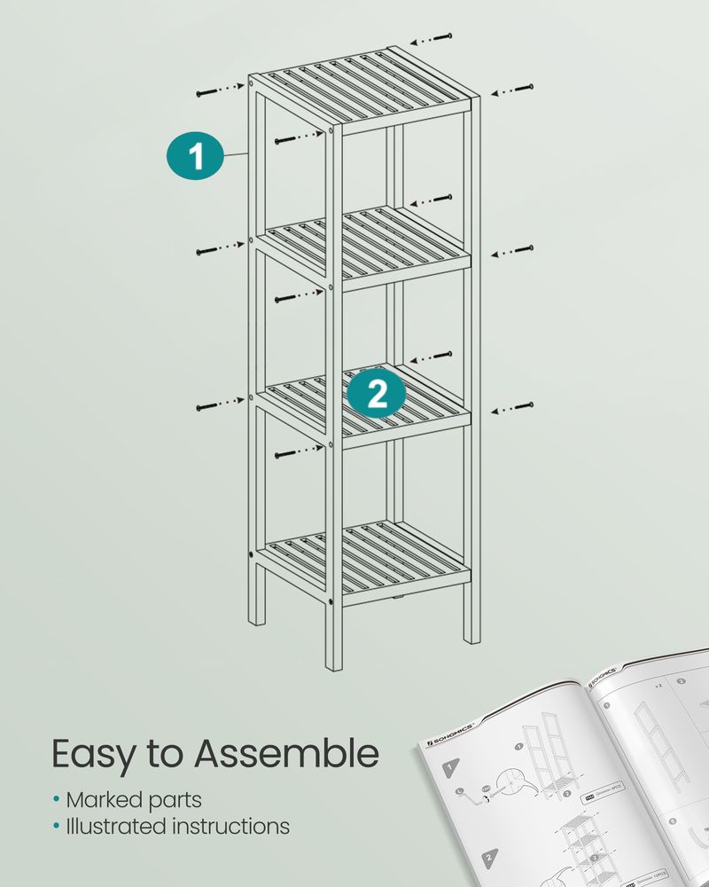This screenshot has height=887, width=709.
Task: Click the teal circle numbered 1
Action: click(195, 156)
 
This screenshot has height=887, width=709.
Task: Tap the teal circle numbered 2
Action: click(377, 393)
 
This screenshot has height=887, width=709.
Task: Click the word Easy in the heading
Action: click(95, 755)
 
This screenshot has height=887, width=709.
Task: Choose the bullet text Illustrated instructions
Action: click(177, 827)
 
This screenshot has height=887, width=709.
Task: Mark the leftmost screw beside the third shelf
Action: click(206, 407)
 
